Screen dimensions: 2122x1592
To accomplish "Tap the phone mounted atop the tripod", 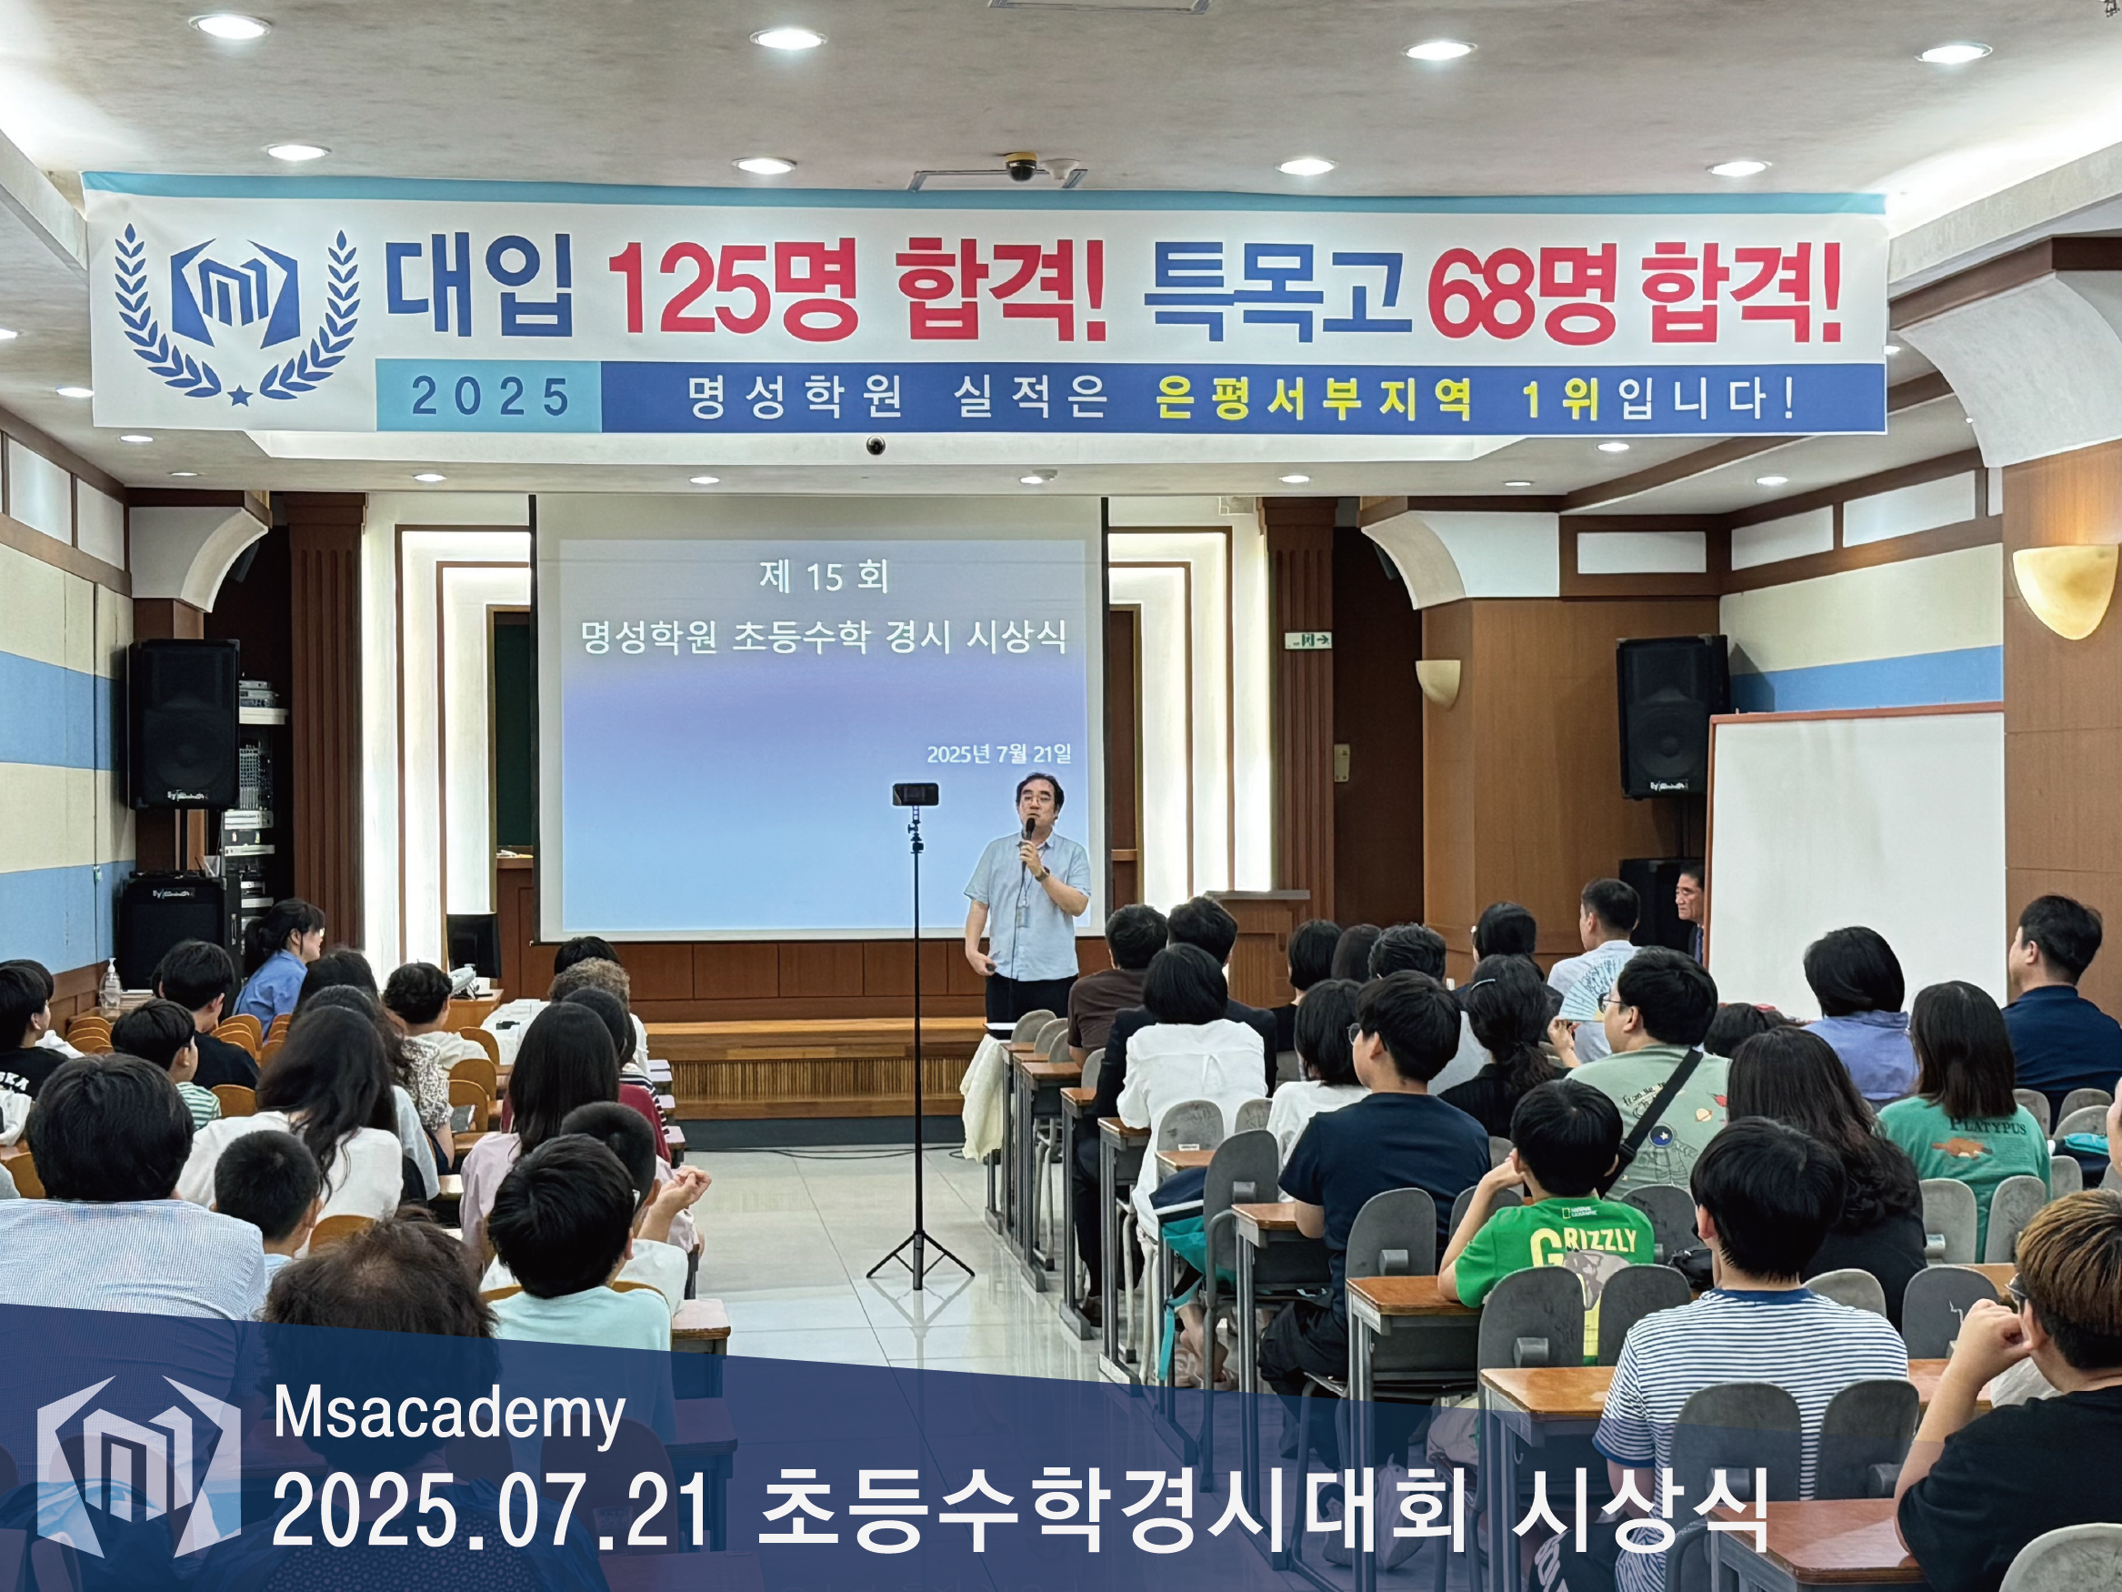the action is (x=916, y=793).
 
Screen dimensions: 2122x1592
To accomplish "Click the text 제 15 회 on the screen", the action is (x=823, y=577).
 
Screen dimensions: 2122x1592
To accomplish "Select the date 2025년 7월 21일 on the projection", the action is (x=998, y=753).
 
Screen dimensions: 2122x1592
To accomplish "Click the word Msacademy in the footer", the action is (x=449, y=1416).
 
